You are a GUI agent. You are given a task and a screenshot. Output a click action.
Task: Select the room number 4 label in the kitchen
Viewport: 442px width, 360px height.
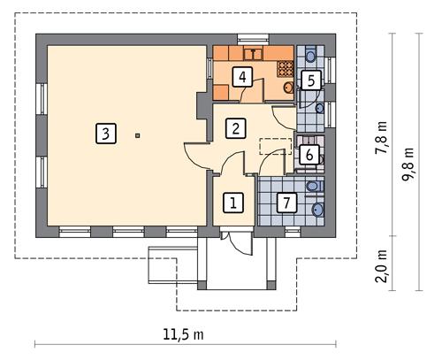click(x=241, y=76)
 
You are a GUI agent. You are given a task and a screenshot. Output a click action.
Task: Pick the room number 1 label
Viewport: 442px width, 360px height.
click(x=232, y=203)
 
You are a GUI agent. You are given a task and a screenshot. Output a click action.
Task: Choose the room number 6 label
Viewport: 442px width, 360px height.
click(x=309, y=155)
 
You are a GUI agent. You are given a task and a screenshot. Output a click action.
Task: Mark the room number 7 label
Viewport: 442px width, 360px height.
click(x=285, y=203)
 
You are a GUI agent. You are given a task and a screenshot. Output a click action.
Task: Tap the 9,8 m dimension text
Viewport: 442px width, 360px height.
click(x=408, y=164)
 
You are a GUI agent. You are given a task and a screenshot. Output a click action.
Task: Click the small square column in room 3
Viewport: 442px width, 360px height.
click(x=138, y=135)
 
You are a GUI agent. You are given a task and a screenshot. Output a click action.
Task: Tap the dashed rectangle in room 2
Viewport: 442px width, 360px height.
click(x=275, y=147)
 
